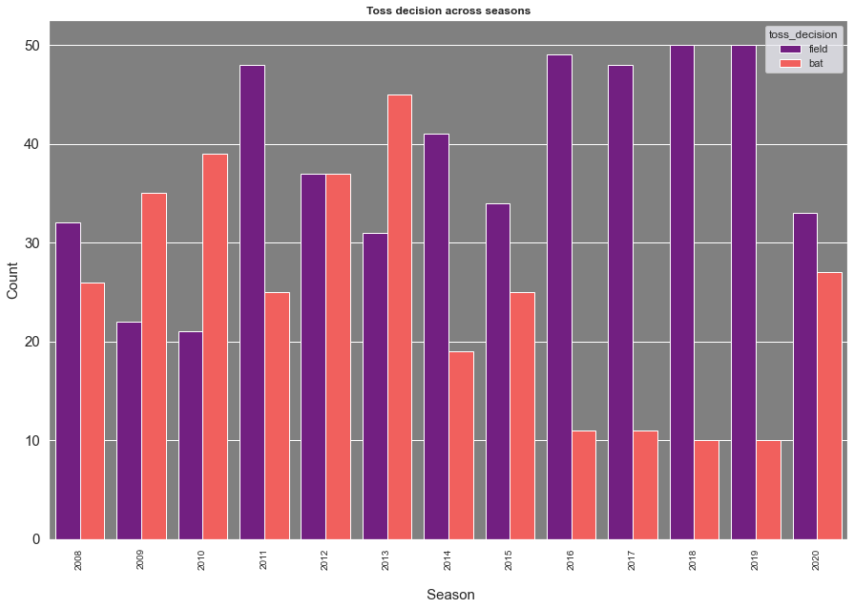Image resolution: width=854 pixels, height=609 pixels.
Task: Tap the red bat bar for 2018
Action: tap(707, 490)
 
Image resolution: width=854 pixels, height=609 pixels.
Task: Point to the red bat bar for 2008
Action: tap(93, 410)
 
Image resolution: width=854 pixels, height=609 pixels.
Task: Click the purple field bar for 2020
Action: tap(805, 376)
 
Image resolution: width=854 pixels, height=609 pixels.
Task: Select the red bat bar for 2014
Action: tap(461, 445)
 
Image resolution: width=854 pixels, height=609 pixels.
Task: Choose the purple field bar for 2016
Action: tap(559, 297)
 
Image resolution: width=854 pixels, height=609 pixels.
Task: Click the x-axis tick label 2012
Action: tap(324, 559)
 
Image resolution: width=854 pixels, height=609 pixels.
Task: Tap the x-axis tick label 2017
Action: tap(632, 559)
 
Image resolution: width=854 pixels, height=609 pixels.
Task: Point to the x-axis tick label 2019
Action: tap(755, 559)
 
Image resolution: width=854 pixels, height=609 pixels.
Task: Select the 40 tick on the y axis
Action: tap(31, 145)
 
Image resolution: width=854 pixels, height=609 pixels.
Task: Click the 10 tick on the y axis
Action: tap(31, 441)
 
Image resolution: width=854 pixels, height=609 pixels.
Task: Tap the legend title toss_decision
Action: tap(802, 33)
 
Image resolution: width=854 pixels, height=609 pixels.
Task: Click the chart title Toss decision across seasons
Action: tap(448, 10)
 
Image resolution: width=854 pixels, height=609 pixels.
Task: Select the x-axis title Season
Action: tap(450, 595)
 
